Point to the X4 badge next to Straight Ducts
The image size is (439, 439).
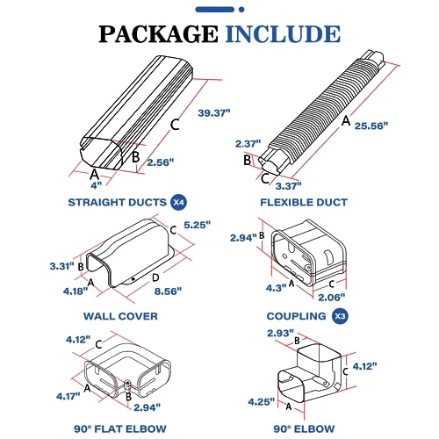pos(178,203)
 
